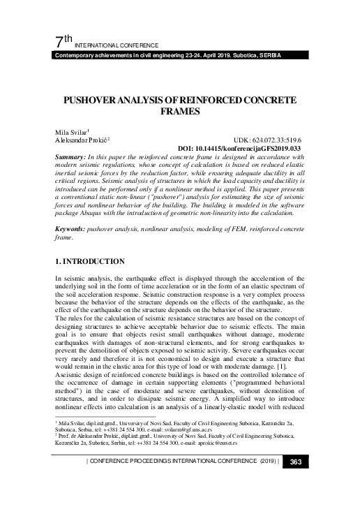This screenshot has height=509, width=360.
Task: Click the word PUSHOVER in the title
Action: coord(92,101)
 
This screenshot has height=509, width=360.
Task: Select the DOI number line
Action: coord(239,148)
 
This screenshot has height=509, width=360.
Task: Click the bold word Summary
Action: coord(73,157)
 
